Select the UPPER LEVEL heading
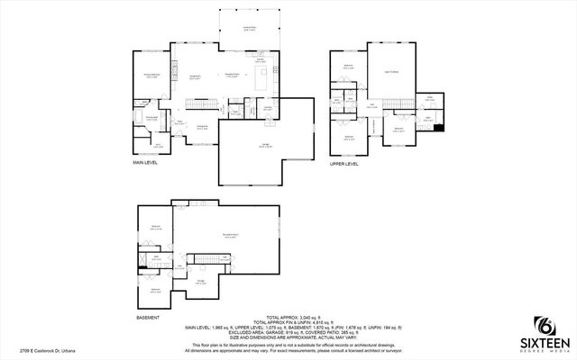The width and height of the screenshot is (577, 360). click(x=344, y=165)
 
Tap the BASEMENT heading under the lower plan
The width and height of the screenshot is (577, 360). click(x=148, y=318)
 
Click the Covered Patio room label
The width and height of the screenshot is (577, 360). click(x=247, y=29)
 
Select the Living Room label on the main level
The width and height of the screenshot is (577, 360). click(x=193, y=76)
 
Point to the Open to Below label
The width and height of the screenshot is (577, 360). click(x=393, y=71)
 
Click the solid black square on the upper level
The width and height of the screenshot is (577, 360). click(x=439, y=127)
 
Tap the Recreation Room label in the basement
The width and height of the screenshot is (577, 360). click(x=231, y=236)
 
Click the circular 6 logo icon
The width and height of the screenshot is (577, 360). click(x=544, y=324)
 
